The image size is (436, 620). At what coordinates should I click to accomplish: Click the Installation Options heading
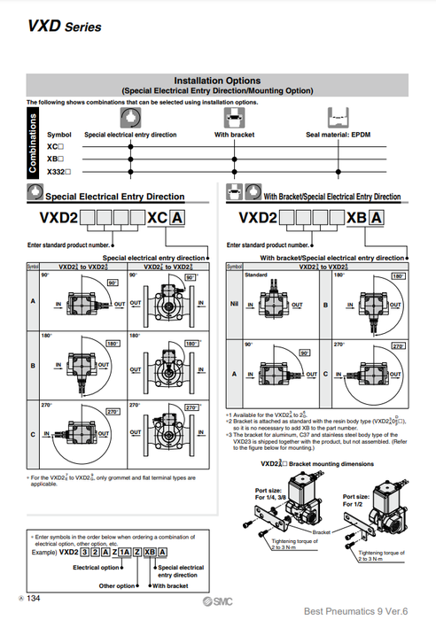click(x=217, y=81)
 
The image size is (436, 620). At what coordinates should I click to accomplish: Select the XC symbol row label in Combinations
click(x=55, y=145)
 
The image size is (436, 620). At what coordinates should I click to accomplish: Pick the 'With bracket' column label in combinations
click(x=235, y=135)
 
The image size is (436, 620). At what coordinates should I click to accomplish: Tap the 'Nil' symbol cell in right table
click(x=234, y=306)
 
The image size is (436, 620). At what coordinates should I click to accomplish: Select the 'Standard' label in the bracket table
click(x=255, y=275)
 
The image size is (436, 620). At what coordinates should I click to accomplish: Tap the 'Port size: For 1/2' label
click(x=356, y=501)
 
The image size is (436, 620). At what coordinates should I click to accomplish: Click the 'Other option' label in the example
click(x=117, y=585)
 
